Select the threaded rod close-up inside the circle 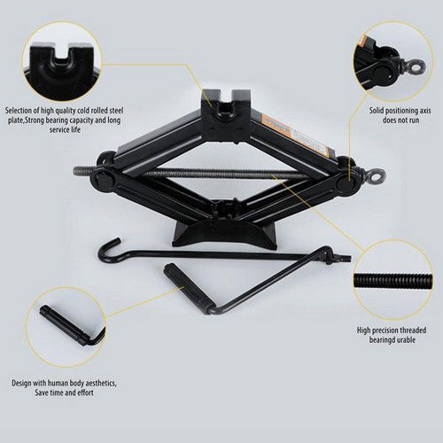click(x=392, y=279)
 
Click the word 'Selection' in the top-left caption click(x=19, y=111)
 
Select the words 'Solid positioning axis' click(x=400, y=111)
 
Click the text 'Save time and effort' click(x=64, y=392)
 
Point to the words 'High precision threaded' click(x=392, y=330)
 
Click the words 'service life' click(x=65, y=130)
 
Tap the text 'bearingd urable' click(x=392, y=340)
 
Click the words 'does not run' click(x=400, y=120)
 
